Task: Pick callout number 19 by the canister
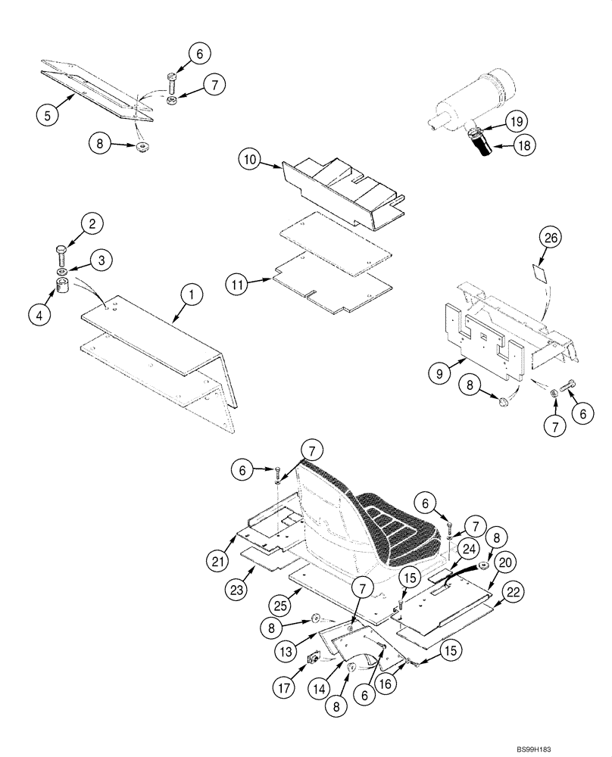point(516,120)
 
